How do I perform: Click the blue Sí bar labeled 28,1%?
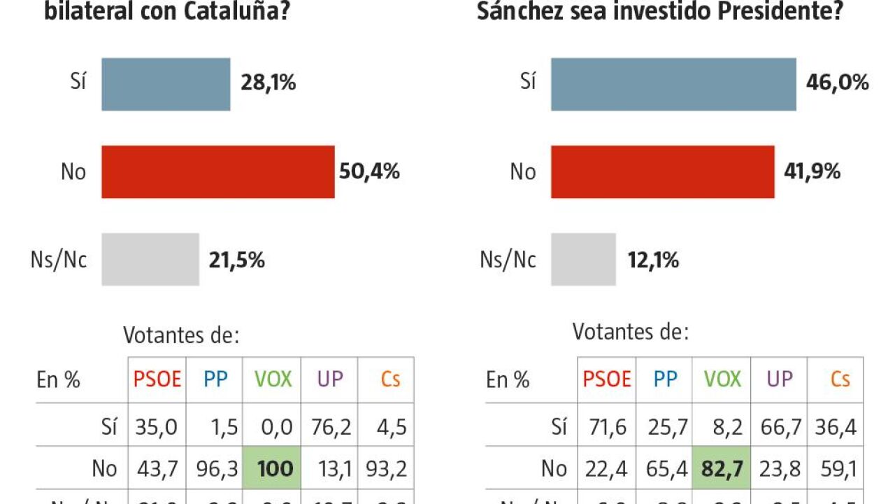(x=166, y=84)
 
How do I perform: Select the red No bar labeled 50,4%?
(x=217, y=171)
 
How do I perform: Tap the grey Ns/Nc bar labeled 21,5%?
(x=150, y=260)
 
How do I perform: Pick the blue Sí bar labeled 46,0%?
(x=673, y=84)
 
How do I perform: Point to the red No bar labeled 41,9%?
(x=662, y=171)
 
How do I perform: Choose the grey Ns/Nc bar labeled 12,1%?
(x=583, y=260)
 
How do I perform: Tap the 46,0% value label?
(x=837, y=83)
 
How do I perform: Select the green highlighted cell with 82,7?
(x=722, y=468)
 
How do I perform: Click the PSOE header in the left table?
(x=157, y=379)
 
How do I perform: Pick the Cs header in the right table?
(x=840, y=379)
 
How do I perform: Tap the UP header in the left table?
(x=330, y=379)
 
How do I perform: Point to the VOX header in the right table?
(x=722, y=379)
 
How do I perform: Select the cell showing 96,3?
(x=215, y=468)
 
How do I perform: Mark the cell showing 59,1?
(x=836, y=468)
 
